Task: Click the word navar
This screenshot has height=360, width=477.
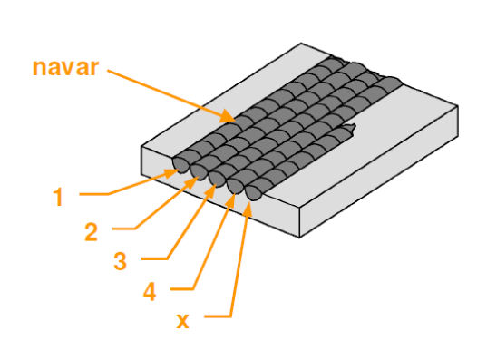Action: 65,68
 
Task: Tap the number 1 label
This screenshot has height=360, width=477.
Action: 58,197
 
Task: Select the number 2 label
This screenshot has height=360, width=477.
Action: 91,231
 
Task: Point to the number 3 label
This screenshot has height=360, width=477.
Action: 121,260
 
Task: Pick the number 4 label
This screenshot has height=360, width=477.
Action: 150,290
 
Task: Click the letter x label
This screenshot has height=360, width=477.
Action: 182,320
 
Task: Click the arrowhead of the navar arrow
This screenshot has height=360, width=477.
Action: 229,117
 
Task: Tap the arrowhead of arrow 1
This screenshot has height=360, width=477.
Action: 172,173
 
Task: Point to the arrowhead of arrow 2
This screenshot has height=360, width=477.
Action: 193,182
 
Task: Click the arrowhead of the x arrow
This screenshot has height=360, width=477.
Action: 249,209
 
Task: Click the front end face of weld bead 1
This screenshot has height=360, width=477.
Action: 180,166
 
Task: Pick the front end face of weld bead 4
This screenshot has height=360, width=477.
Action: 235,186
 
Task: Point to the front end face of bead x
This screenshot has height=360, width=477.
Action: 253,193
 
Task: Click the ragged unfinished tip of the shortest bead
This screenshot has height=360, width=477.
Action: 350,130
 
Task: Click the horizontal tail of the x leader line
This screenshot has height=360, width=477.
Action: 218,317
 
